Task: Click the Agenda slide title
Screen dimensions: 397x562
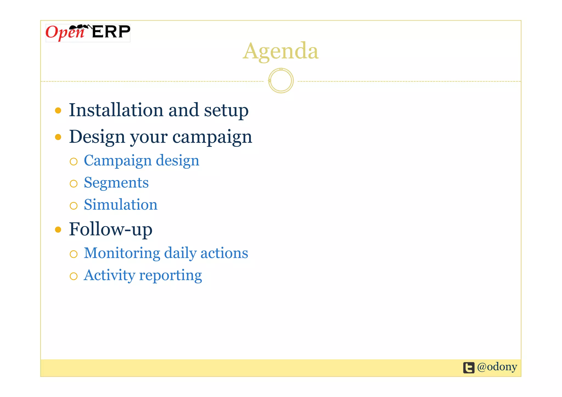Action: pyautogui.click(x=280, y=51)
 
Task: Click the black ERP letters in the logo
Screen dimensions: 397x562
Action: pyautogui.click(x=111, y=32)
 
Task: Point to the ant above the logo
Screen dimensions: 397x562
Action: pyautogui.click(x=80, y=27)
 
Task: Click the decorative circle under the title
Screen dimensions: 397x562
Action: pyautogui.click(x=281, y=81)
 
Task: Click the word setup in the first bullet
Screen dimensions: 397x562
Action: pyautogui.click(x=226, y=111)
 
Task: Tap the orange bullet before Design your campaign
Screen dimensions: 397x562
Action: pyautogui.click(x=58, y=137)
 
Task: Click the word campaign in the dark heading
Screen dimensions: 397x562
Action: pyautogui.click(x=212, y=137)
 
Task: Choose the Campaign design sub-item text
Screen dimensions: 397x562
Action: pyautogui.click(x=141, y=161)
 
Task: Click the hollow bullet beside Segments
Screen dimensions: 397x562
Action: pyautogui.click(x=74, y=184)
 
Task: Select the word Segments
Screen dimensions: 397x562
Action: pyautogui.click(x=116, y=183)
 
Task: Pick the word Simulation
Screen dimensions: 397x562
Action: pyautogui.click(x=120, y=205)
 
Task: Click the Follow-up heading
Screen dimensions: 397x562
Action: pyautogui.click(x=110, y=229)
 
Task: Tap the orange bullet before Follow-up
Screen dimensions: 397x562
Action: pyautogui.click(x=58, y=229)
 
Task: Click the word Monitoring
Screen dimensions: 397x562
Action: pyautogui.click(x=122, y=253)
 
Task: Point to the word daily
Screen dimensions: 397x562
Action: pyautogui.click(x=180, y=253)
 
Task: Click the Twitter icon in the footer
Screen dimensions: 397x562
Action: pyautogui.click(x=469, y=368)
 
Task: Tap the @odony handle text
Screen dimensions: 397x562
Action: pyautogui.click(x=497, y=367)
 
